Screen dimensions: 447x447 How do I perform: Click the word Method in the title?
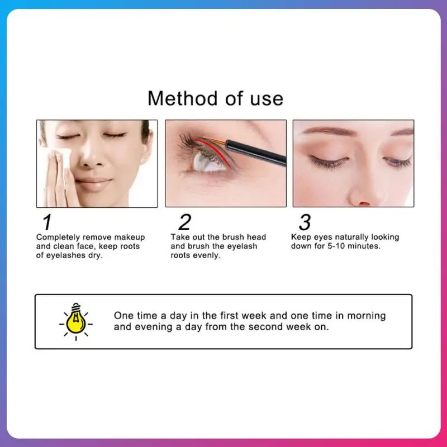click(183, 98)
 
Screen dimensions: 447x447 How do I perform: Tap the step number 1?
click(47, 222)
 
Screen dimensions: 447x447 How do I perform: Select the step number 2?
click(185, 222)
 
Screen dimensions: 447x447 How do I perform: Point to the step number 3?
click(305, 222)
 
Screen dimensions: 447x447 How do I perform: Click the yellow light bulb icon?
click(76, 322)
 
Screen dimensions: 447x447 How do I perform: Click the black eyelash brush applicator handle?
click(256, 152)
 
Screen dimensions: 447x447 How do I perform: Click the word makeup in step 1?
click(130, 237)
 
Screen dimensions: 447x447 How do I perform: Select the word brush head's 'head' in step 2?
click(256, 237)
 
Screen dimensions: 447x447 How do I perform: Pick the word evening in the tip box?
click(154, 327)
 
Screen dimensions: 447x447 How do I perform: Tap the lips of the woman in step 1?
click(93, 183)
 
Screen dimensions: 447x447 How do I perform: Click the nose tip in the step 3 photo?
click(363, 199)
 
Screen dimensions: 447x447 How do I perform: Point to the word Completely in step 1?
click(58, 237)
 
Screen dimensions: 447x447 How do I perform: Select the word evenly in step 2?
click(207, 255)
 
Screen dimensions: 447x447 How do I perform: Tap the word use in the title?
click(267, 99)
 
